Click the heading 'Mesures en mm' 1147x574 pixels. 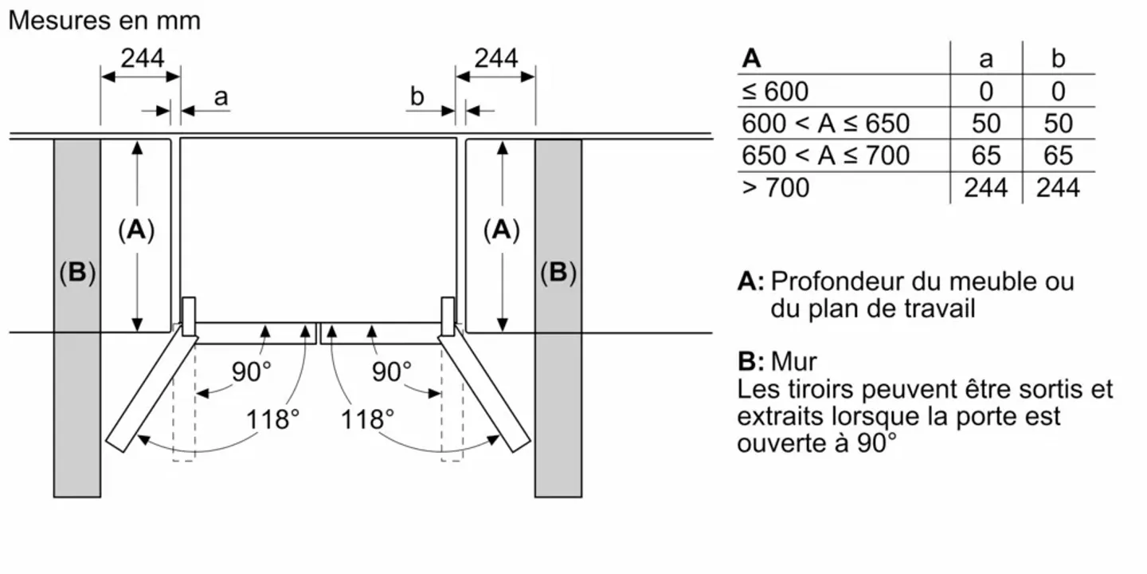pyautogui.click(x=104, y=21)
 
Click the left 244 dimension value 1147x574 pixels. pyautogui.click(x=142, y=58)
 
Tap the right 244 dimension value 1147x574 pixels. pyautogui.click(x=496, y=58)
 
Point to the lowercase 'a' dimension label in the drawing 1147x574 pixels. pyautogui.click(x=221, y=97)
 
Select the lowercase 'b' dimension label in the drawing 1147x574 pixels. pyautogui.click(x=417, y=97)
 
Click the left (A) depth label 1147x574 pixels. pyautogui.click(x=136, y=230)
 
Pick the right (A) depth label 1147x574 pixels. pyautogui.click(x=501, y=230)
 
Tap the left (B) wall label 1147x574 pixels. pyautogui.click(x=77, y=273)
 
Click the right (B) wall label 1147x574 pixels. pyautogui.click(x=558, y=273)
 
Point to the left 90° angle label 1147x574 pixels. pyautogui.click(x=252, y=371)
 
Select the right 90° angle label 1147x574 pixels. pyautogui.click(x=393, y=371)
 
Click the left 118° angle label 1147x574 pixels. pyautogui.click(x=272, y=419)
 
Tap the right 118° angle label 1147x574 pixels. pyautogui.click(x=367, y=419)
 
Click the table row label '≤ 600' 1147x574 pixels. pyautogui.click(x=774, y=92)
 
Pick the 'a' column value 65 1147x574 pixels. pyautogui.click(x=986, y=155)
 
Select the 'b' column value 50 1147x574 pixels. pyautogui.click(x=1058, y=124)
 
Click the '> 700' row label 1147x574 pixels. pyautogui.click(x=775, y=188)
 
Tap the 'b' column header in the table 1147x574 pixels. pyautogui.click(x=1058, y=59)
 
